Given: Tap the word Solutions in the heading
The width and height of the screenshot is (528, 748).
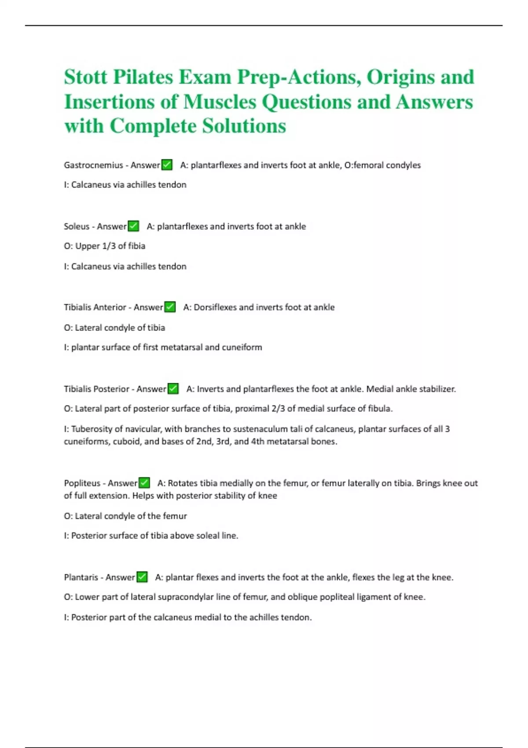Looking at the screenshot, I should coord(244,126).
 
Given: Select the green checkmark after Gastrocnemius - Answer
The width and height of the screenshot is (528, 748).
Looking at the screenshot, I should coord(167,165).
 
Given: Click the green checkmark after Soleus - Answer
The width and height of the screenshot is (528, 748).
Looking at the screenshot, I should coord(133,226).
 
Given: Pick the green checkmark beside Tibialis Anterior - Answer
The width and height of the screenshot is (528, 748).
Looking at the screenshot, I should coord(170,307).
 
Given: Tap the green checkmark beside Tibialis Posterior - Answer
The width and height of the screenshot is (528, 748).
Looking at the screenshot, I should coord(173,389).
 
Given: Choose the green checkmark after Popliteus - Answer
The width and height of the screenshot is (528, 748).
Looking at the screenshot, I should coord(144,483).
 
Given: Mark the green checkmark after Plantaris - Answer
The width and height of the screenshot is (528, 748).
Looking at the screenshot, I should coord(142,577).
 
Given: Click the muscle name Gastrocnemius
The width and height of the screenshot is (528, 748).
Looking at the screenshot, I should coord(93,165).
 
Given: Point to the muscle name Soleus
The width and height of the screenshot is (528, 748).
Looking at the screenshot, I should coord(77,227).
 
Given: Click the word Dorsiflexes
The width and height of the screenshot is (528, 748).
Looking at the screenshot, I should coord(216,307).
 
